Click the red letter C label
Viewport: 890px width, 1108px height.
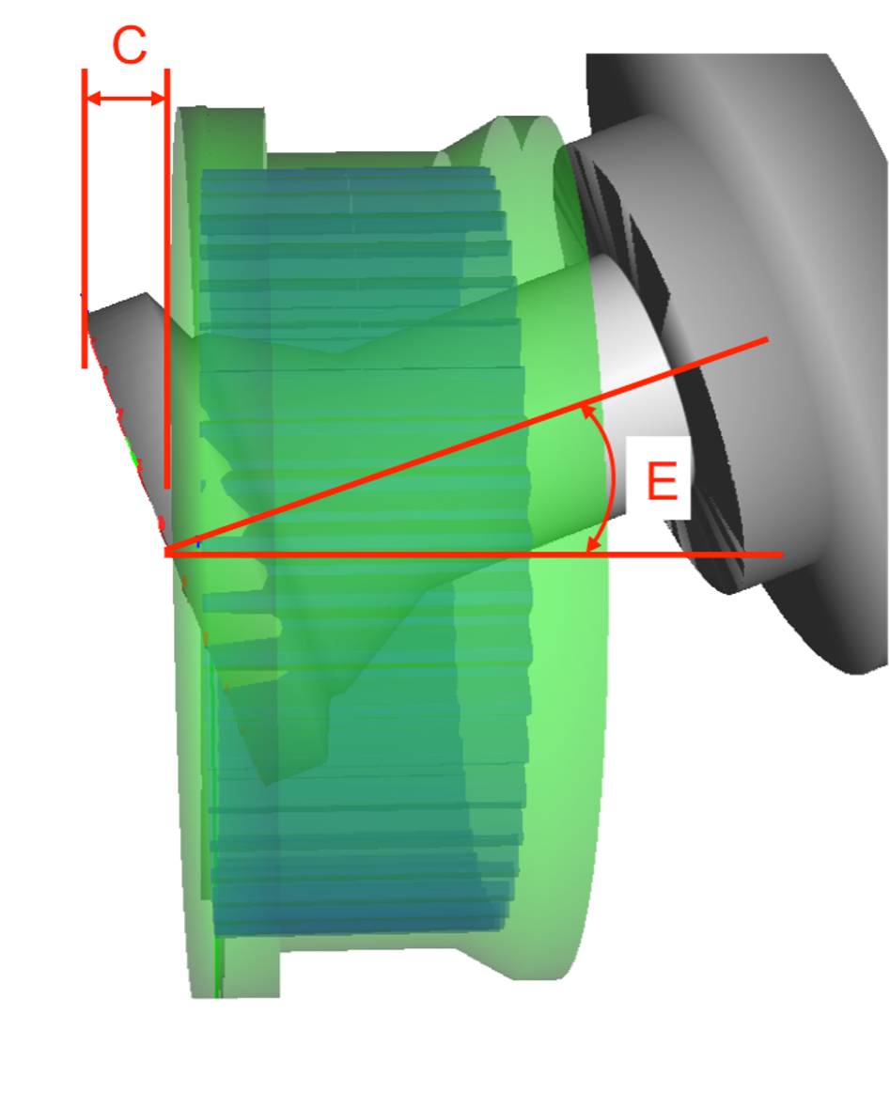tap(130, 46)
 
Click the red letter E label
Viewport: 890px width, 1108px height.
tap(663, 481)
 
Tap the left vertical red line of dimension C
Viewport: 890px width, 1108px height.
tap(85, 218)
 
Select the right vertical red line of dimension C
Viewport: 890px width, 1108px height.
tap(167, 278)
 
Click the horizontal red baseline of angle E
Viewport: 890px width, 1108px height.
tap(474, 554)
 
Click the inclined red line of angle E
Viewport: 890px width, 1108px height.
tap(466, 446)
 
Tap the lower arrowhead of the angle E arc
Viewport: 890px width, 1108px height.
tap(595, 544)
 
